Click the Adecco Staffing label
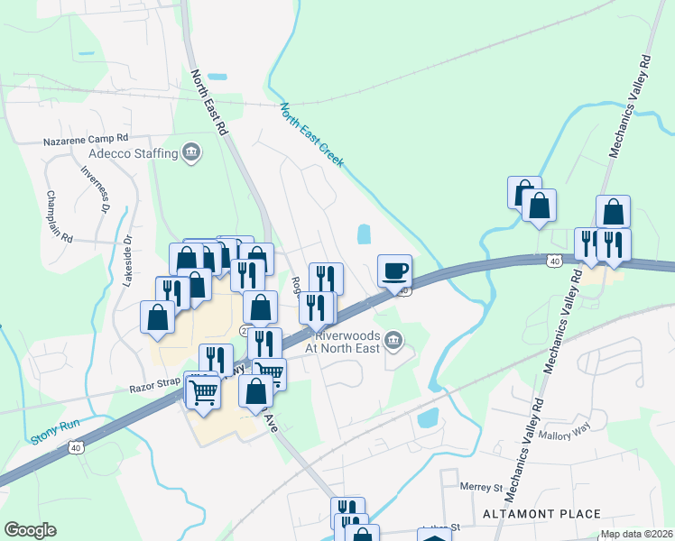(x=133, y=153)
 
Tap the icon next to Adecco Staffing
(x=190, y=152)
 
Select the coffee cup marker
(x=393, y=270)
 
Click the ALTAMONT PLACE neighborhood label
(x=541, y=514)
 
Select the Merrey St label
(x=480, y=488)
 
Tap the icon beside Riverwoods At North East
(x=393, y=340)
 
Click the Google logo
(x=30, y=530)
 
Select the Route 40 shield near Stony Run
(x=75, y=445)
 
